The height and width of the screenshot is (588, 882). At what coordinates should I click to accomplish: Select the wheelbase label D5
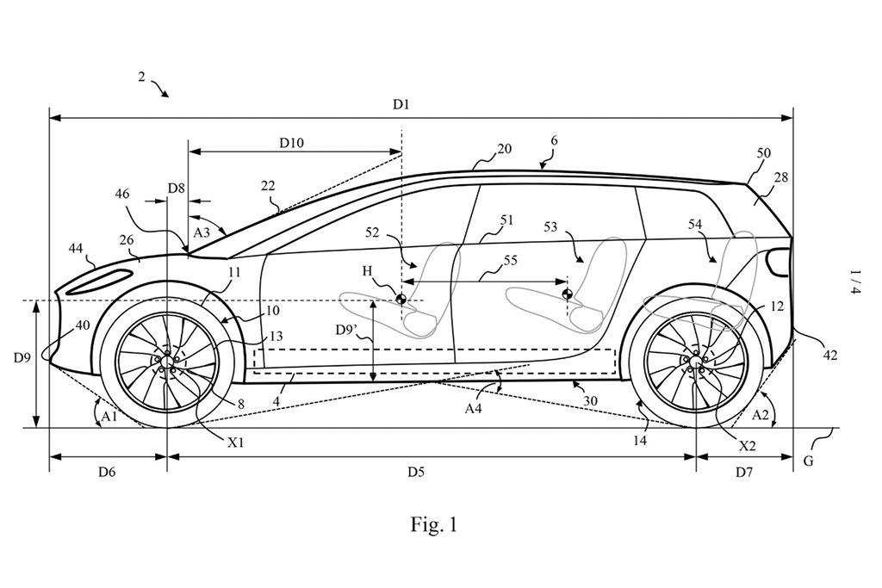415,472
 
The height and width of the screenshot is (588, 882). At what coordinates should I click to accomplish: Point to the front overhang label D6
106,472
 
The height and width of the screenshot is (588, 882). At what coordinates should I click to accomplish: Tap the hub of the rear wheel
695,360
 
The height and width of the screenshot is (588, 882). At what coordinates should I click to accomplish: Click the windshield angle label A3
203,232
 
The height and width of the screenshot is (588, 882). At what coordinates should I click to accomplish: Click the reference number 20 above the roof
505,148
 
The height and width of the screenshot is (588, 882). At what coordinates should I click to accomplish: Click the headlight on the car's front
102,280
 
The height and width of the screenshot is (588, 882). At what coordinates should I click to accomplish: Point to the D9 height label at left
22,356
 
